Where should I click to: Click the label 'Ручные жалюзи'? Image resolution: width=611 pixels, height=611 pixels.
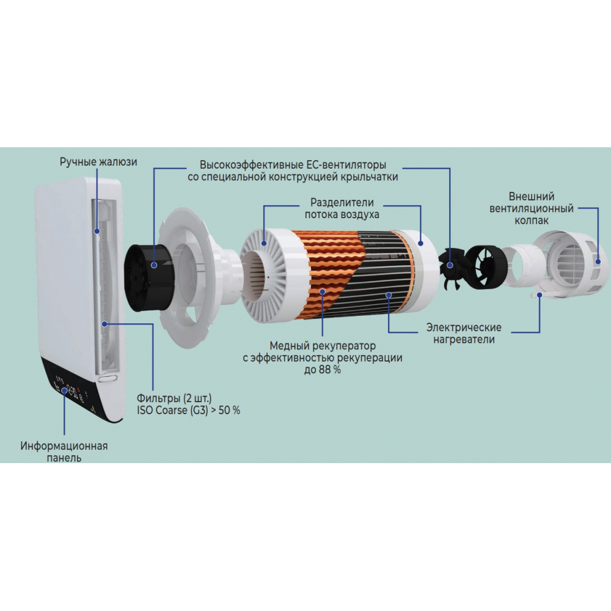[x=98, y=162]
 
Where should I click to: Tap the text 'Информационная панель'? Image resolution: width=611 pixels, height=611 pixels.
[x=64, y=452]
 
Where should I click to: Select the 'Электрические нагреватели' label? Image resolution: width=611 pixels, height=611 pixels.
[x=464, y=333]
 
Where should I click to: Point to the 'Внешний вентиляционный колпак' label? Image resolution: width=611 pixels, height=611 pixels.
[x=532, y=208]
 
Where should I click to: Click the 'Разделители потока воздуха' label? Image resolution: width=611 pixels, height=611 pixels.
[x=342, y=208]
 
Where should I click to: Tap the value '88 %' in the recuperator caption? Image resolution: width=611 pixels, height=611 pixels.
[x=330, y=370]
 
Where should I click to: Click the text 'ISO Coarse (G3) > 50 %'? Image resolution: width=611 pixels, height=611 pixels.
[x=189, y=411]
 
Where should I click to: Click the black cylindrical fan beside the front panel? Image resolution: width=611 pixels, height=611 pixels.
[x=146, y=277]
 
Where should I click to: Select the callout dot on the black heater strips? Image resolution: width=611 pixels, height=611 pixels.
[x=389, y=295]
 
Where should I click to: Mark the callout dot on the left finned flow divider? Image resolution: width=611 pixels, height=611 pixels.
[x=264, y=244]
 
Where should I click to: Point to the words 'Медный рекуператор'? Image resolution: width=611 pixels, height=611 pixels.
[x=323, y=346]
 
